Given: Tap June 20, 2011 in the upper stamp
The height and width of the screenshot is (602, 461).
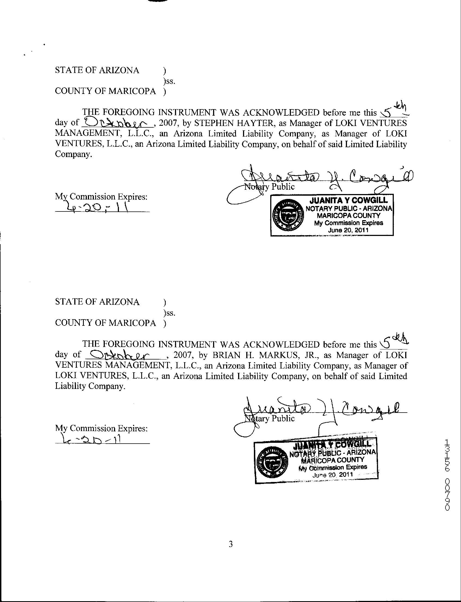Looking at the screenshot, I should point(348,230).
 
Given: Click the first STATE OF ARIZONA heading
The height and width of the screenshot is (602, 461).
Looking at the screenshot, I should point(97,70).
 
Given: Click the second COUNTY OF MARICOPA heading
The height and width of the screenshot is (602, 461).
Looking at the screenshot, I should point(105,323).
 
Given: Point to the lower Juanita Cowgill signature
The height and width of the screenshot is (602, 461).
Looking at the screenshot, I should point(321,410).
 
